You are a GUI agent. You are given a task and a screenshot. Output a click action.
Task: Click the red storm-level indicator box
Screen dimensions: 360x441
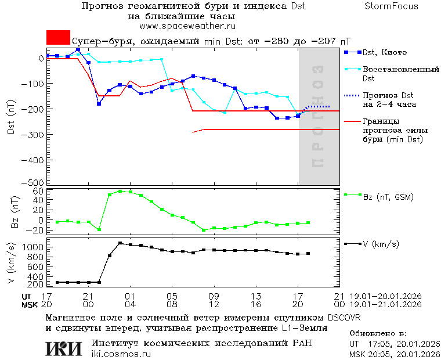pyautogui.click(x=58, y=37)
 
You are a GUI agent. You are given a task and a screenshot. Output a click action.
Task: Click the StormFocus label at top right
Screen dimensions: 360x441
pyautogui.click(x=391, y=6)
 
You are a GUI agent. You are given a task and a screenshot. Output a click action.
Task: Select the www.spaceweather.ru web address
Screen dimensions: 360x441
pyautogui.click(x=187, y=26)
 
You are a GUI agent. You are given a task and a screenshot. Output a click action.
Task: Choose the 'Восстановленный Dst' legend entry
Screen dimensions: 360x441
pyautogui.click(x=400, y=74)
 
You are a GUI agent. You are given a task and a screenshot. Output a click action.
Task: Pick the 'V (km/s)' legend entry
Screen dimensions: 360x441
pyautogui.click(x=380, y=244)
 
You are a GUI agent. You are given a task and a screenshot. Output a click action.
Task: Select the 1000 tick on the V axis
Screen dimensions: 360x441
pyautogui.click(x=35, y=247)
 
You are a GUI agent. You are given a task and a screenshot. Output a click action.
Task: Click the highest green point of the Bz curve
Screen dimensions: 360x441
pyautogui.click(x=120, y=191)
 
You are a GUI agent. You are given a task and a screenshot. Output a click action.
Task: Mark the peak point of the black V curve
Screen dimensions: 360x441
pyautogui.click(x=120, y=243)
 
